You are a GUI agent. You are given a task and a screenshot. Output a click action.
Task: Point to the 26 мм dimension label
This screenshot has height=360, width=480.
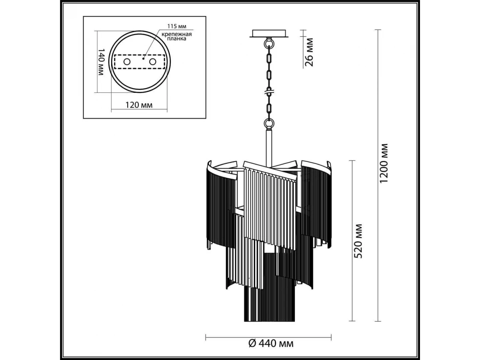[309, 52]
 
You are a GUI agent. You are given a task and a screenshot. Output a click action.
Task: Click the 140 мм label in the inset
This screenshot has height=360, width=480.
[101, 62]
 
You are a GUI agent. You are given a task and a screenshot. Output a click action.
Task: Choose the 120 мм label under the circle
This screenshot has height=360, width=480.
[139, 105]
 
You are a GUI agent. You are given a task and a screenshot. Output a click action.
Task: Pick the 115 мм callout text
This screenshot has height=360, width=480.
[177, 26]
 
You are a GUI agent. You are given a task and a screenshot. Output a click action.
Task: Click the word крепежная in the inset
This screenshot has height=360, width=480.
[177, 34]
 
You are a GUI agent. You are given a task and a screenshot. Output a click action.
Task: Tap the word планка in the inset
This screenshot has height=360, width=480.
[177, 39]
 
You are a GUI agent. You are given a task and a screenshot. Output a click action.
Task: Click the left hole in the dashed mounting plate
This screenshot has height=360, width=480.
[127, 62]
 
